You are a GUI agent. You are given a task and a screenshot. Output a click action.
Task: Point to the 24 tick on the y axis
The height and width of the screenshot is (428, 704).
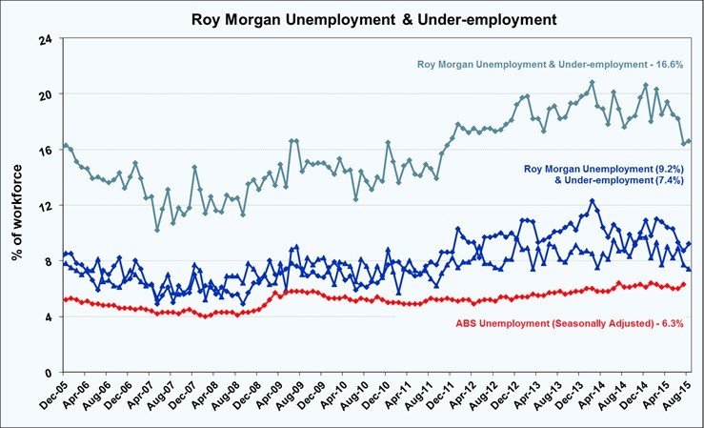click(45, 39)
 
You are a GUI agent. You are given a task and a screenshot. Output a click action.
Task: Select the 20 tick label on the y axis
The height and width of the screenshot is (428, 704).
click(45, 94)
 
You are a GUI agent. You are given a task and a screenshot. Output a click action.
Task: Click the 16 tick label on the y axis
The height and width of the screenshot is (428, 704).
click(45, 150)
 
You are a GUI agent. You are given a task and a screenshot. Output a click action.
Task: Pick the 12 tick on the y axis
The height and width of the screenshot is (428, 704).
click(45, 205)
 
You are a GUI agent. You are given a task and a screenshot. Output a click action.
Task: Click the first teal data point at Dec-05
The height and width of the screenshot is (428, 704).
click(64, 145)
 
